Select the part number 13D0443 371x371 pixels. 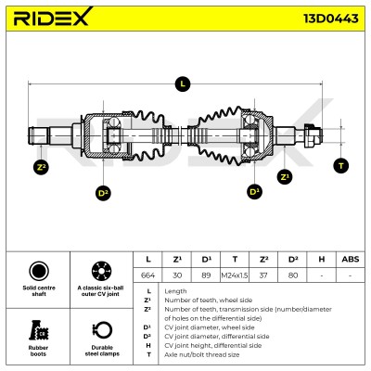(331, 19)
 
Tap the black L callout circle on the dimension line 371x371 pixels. (183, 83)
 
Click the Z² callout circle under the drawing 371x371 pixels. (41, 168)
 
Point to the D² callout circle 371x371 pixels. (103, 193)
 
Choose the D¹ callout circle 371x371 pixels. (254, 192)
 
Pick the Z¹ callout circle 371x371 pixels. (285, 177)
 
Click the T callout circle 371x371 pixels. (341, 166)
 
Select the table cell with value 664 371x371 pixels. (147, 275)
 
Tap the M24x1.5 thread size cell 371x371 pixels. (235, 275)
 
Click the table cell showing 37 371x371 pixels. (263, 275)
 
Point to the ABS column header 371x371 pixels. (351, 259)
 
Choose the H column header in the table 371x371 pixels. (322, 259)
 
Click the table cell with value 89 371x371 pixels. (206, 275)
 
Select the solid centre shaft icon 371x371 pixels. (39, 271)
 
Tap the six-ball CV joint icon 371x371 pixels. (101, 271)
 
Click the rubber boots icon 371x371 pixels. (38, 330)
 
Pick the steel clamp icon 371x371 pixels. (102, 330)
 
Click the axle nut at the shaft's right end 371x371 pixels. (312, 135)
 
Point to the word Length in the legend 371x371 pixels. (175, 291)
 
